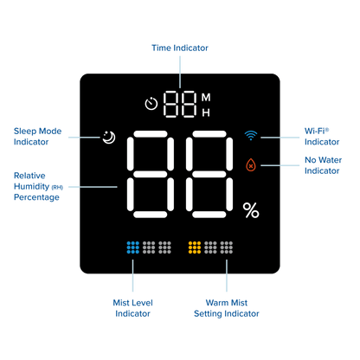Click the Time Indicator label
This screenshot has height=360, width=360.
click(x=180, y=48)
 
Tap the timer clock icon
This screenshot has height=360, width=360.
click(x=151, y=104)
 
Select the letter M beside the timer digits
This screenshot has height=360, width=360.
click(x=206, y=98)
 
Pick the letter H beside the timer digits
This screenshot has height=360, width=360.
click(x=206, y=112)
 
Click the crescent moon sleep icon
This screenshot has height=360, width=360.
click(x=109, y=138)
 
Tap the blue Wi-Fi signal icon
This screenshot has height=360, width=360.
click(x=251, y=135)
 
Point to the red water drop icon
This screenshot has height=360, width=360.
click(x=251, y=164)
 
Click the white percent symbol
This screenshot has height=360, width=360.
click(x=251, y=210)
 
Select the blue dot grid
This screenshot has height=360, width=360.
click(x=133, y=247)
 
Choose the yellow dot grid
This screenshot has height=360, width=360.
click(x=195, y=247)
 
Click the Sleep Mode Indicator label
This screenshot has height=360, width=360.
click(x=37, y=137)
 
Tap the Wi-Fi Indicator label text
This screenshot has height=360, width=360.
click(x=322, y=137)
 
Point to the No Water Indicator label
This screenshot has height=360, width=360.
click(x=324, y=165)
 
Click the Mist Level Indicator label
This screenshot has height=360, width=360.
click(x=132, y=308)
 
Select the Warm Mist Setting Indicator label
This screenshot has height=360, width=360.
click(x=227, y=308)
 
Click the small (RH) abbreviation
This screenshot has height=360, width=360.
click(x=57, y=188)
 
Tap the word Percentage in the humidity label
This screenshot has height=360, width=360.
click(x=36, y=197)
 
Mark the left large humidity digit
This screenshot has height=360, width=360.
click(x=151, y=174)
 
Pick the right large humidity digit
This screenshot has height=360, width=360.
click(x=209, y=174)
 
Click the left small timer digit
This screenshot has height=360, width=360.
click(x=170, y=104)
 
